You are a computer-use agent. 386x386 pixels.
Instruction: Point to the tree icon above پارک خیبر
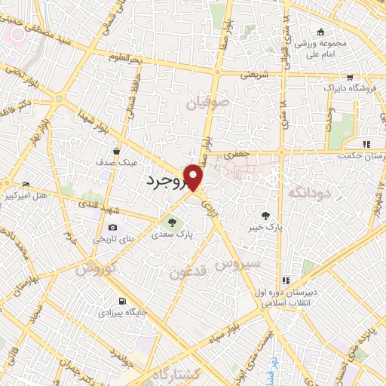pyautogui.click(x=265, y=215)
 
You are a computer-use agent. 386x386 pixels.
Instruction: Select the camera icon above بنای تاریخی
pyautogui.click(x=113, y=227)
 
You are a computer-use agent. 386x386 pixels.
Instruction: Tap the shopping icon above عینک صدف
pyautogui.click(x=115, y=150)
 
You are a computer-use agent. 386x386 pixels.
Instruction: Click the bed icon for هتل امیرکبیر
pyautogui.click(x=26, y=184)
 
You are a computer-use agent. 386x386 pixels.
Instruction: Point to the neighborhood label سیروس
pyautogui.click(x=237, y=265)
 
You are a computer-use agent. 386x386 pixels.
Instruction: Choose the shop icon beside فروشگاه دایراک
pyautogui.click(x=350, y=78)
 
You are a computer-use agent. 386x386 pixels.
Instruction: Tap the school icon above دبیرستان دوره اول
pyautogui.click(x=286, y=280)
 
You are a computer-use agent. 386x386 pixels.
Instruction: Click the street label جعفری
pyautogui.click(x=237, y=154)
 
